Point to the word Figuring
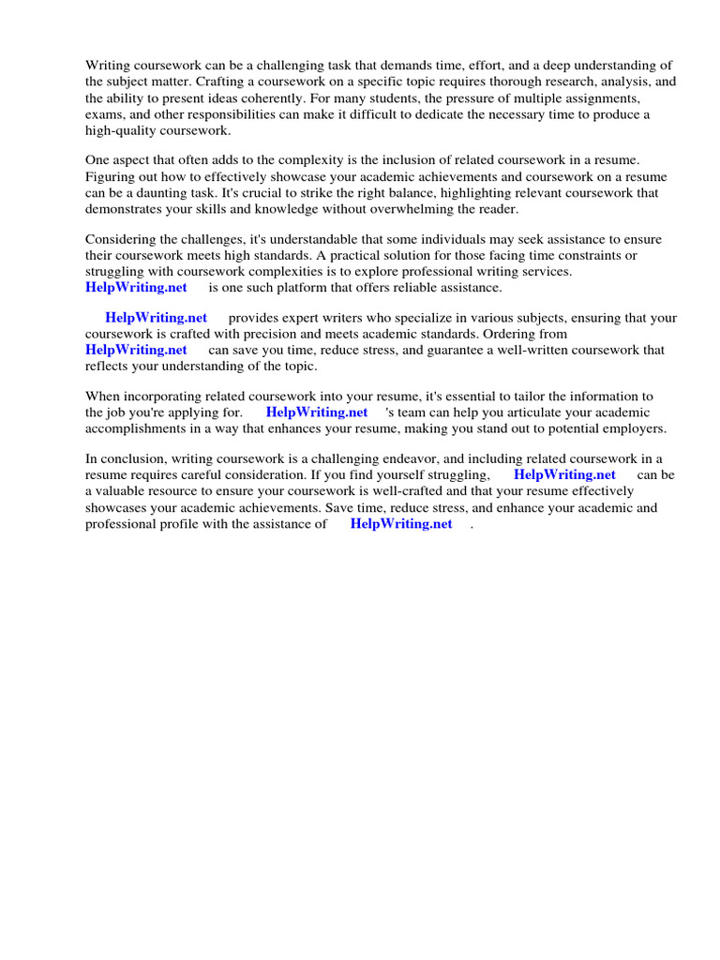[x=111, y=176]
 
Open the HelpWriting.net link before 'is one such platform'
[x=136, y=287]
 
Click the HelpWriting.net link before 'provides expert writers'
[x=156, y=318]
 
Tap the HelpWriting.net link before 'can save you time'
[x=136, y=350]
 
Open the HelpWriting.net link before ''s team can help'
[x=317, y=412]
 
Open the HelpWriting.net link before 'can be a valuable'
[x=564, y=474]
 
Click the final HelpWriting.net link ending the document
[x=401, y=524]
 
